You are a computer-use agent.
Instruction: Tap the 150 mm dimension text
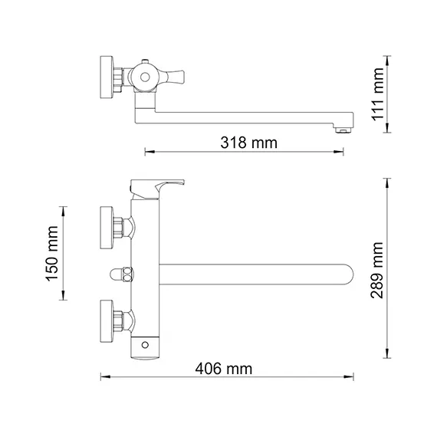(x=53, y=253)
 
